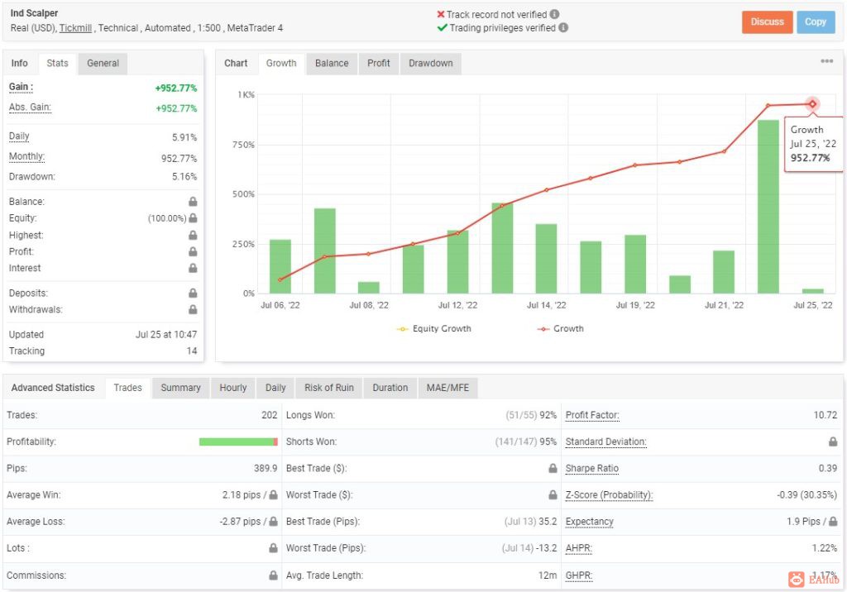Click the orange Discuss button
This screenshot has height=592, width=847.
pyautogui.click(x=767, y=22)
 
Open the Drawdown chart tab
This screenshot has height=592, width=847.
pyautogui.click(x=430, y=63)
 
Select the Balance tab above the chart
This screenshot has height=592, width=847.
pyautogui.click(x=332, y=63)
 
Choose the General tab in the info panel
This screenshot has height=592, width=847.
pyautogui.click(x=103, y=63)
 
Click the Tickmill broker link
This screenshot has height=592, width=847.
pyautogui.click(x=75, y=28)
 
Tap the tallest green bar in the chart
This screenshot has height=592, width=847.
pyautogui.click(x=768, y=207)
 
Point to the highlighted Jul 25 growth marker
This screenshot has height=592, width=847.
pyautogui.click(x=812, y=104)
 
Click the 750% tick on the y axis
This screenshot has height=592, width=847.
pyautogui.click(x=243, y=145)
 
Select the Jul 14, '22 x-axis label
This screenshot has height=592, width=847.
pyautogui.click(x=546, y=305)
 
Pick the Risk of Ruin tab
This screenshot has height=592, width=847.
pyautogui.click(x=329, y=388)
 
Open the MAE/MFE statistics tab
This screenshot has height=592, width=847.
pyautogui.click(x=447, y=388)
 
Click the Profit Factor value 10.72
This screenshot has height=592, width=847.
pyautogui.click(x=825, y=415)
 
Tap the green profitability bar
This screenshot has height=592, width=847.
pyautogui.click(x=238, y=442)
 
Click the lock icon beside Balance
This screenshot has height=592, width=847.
pyautogui.click(x=193, y=202)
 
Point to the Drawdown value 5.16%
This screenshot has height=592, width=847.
pyautogui.click(x=184, y=177)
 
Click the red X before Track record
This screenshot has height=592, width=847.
pyautogui.click(x=441, y=15)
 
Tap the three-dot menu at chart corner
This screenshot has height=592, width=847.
pyautogui.click(x=826, y=61)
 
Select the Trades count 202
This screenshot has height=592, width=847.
pyautogui.click(x=269, y=415)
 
